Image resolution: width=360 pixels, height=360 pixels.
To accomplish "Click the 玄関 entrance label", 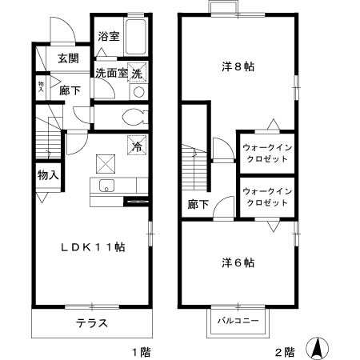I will click(69, 58).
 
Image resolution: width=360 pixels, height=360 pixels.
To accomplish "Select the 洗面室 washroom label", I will click(112, 73).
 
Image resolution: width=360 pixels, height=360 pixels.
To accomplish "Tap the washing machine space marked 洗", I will click(138, 73).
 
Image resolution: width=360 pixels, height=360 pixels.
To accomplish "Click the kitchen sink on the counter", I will click(105, 187).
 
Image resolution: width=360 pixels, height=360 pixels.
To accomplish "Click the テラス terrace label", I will click(91, 324).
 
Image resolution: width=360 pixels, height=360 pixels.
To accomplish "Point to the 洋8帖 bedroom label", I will click(238, 67).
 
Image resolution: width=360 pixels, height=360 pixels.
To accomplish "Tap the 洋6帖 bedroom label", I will click(238, 262).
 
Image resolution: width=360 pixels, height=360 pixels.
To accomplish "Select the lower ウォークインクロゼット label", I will click(265, 197).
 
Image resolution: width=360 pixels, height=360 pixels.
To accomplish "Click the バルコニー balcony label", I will click(238, 321).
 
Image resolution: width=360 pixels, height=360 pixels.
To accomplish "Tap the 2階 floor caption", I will click(286, 351).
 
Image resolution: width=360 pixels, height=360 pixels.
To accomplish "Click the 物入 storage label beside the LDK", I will click(47, 174).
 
